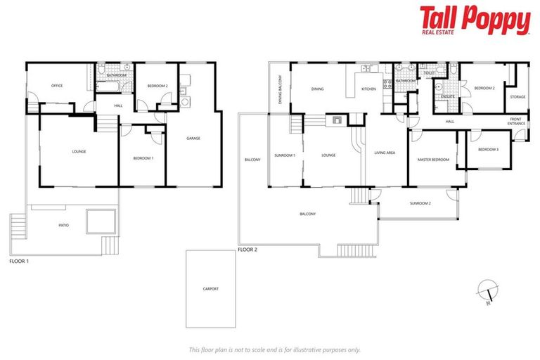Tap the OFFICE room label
(57, 86)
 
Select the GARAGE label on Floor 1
(193, 138)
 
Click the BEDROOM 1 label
(143, 158)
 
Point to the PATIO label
(63, 226)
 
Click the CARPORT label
(211, 288)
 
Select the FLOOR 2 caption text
(247, 250)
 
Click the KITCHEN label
(369, 89)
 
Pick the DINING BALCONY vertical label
(279, 90)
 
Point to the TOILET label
(428, 72)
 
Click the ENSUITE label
(447, 96)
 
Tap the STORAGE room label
(517, 96)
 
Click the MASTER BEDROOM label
(433, 160)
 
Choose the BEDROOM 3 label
(488, 150)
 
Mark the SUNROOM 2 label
(420, 203)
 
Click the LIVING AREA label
(385, 153)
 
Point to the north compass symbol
(486, 290)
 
